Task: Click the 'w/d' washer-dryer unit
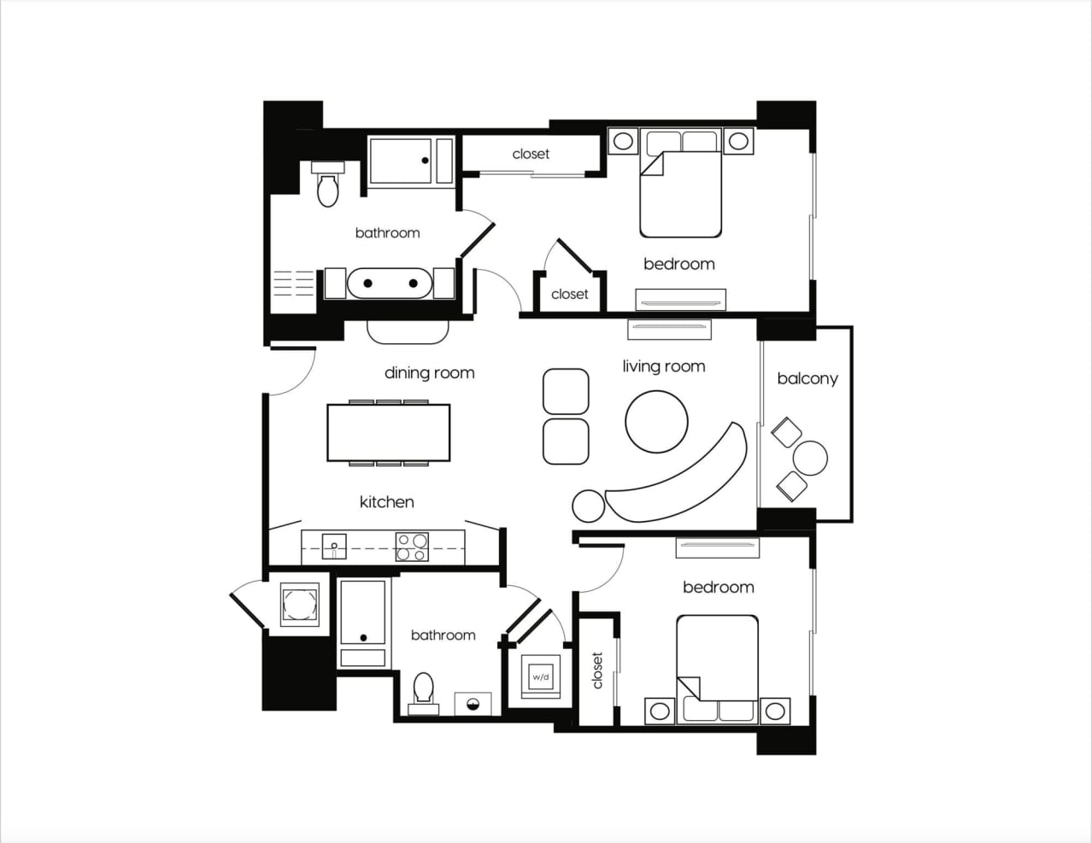[540, 677]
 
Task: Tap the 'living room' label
[664, 366]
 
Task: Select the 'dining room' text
[429, 372]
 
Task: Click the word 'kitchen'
[386, 502]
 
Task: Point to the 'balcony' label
[807, 378]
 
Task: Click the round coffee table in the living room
[656, 422]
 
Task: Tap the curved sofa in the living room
[684, 478]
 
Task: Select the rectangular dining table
[389, 432]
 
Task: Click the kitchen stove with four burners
[412, 547]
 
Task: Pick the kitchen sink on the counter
[334, 546]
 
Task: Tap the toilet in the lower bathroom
[424, 689]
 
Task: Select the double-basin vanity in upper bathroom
[390, 283]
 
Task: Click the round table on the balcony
[810, 459]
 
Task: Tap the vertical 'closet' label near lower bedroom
[597, 670]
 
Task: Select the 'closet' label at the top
[531, 154]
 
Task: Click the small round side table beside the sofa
[588, 506]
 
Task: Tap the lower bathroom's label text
[443, 635]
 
